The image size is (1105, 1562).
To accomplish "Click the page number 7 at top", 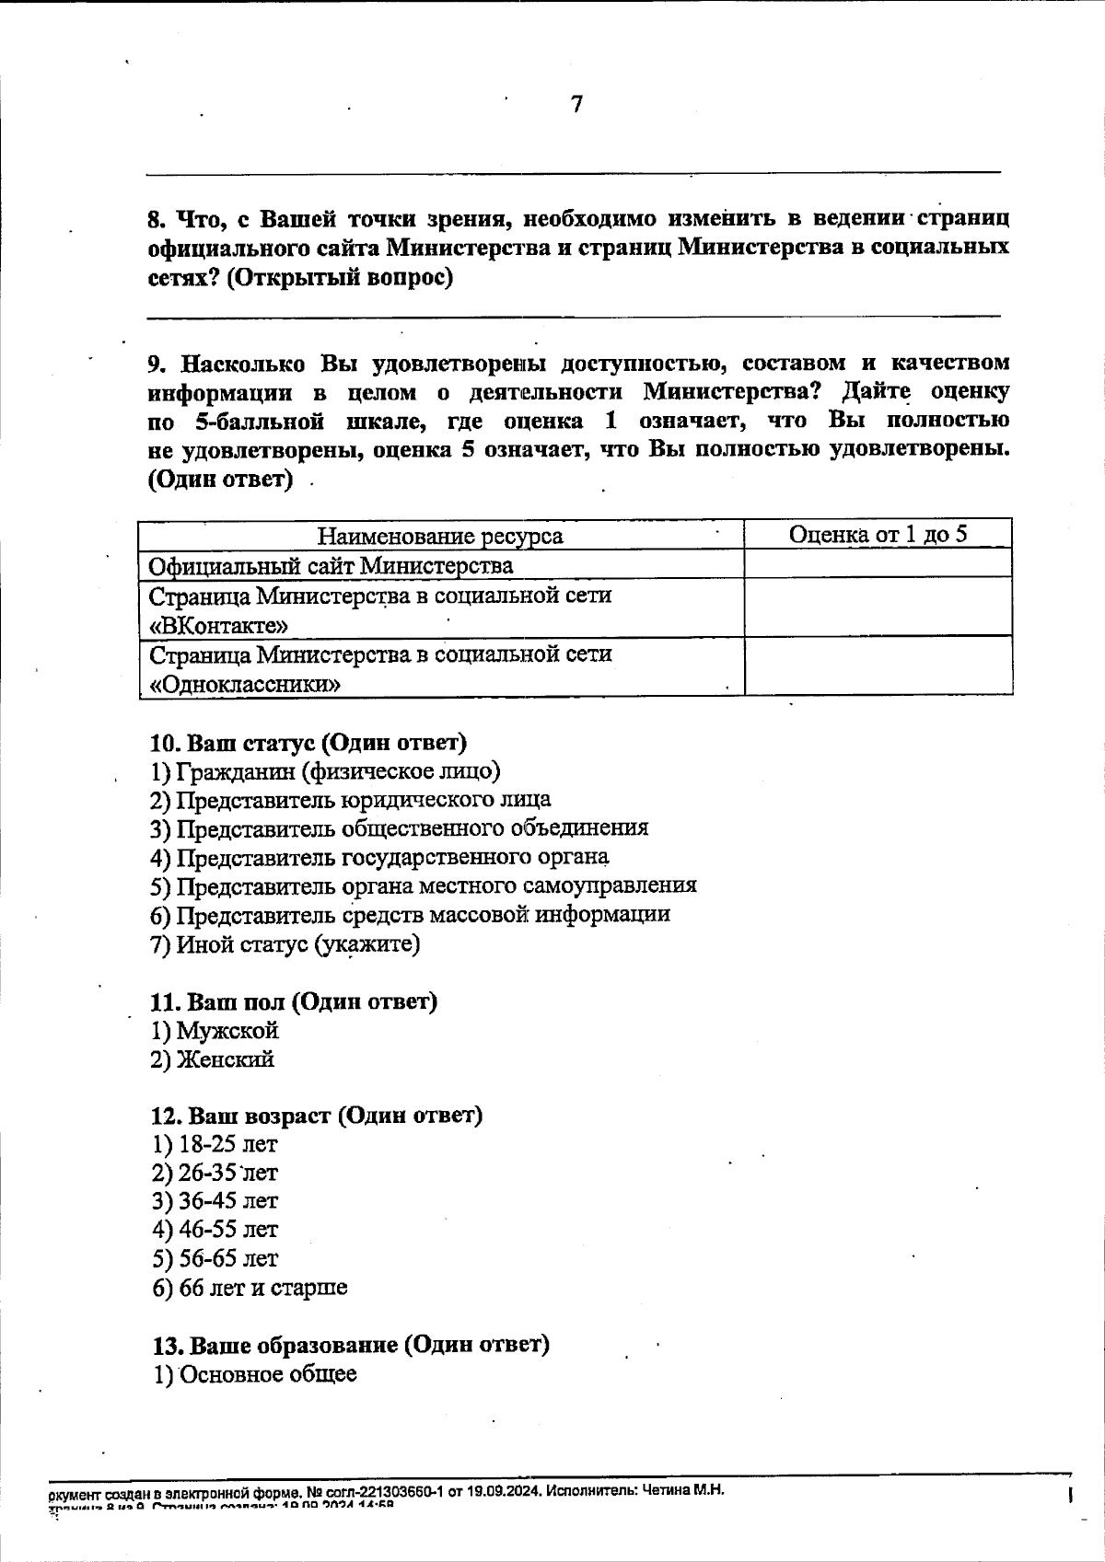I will tap(576, 105).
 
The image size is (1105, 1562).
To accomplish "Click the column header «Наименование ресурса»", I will tap(440, 536).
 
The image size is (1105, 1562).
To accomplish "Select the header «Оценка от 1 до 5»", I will tap(878, 535).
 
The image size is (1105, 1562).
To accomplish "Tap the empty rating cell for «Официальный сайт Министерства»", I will tap(878, 564).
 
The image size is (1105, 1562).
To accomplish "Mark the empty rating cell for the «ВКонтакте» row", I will tap(878, 607).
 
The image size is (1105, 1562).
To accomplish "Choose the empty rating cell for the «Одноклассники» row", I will tap(878, 666).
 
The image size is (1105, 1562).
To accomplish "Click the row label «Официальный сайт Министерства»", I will tap(331, 565).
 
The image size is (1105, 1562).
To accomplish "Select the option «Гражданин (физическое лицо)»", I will tap(327, 770).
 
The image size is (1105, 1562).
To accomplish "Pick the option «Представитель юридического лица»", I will tap(352, 799).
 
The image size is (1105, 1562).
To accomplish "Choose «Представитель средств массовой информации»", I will tap(411, 915).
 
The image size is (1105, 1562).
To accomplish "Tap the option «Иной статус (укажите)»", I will tap(286, 944).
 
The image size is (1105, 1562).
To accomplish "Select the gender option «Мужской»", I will tap(215, 1031).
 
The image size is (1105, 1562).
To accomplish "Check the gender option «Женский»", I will tap(214, 1059).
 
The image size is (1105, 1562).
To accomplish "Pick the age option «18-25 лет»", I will tap(215, 1145).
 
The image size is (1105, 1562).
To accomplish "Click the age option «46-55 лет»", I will tap(215, 1230).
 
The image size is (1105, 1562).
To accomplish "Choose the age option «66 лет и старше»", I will tap(250, 1288).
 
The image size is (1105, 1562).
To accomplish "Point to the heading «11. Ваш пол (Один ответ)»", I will tap(294, 1001).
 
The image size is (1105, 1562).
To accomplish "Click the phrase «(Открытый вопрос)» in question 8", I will tap(340, 278).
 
